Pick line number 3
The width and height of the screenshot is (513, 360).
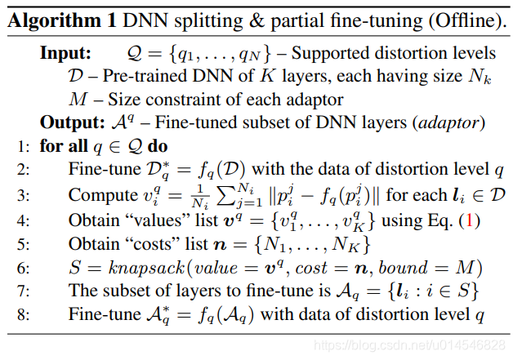20,196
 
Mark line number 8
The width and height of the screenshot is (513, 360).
20,314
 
